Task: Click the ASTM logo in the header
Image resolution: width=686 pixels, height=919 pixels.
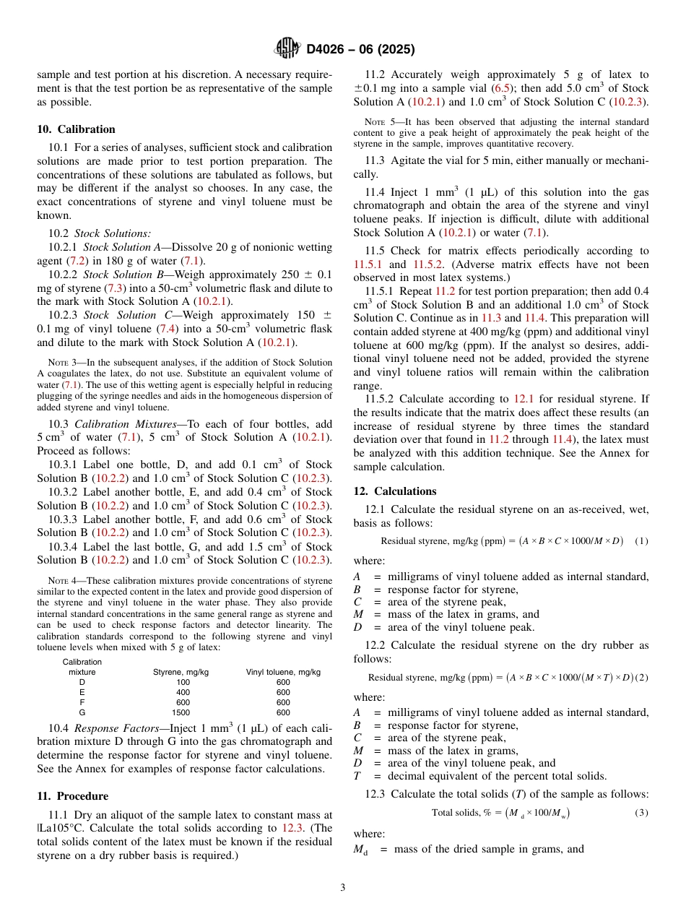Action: tap(287, 48)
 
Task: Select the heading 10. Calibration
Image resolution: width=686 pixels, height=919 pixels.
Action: tap(76, 129)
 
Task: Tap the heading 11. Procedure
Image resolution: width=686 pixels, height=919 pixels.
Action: tap(72, 795)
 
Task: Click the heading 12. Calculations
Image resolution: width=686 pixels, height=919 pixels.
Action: tap(394, 491)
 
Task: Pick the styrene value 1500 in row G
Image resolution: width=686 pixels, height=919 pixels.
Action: tap(181, 712)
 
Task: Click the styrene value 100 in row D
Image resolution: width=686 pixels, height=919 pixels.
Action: tap(181, 681)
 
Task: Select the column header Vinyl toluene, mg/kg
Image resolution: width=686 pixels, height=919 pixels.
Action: tap(283, 671)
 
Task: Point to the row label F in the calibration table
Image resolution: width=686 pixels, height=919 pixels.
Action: tap(82, 702)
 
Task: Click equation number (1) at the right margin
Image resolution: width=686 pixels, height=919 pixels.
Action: tap(641, 541)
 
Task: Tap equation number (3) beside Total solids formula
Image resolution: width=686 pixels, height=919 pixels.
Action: tap(641, 812)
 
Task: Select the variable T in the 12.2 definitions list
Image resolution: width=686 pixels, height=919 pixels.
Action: tap(357, 776)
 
